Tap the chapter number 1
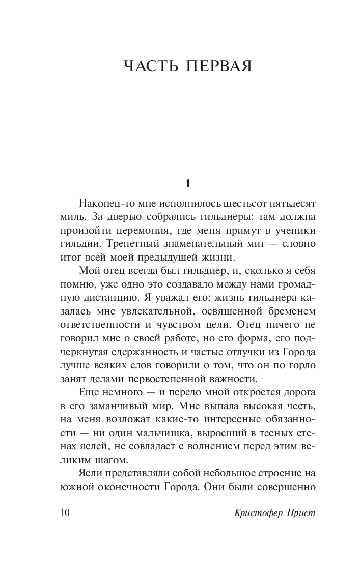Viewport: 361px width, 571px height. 188,183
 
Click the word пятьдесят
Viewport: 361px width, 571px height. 289,204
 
